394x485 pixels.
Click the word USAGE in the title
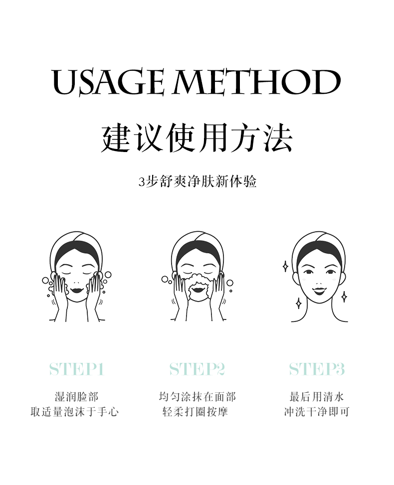[x=108, y=82]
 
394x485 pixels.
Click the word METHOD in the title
[x=256, y=82]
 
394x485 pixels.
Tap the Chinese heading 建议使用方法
[x=197, y=138]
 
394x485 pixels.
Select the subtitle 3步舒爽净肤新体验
[x=197, y=181]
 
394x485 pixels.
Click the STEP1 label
[x=76, y=369]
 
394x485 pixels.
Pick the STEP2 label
[x=197, y=369]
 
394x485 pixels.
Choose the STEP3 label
[x=317, y=369]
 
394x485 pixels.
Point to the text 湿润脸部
[x=76, y=397]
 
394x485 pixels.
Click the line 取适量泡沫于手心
[x=75, y=412]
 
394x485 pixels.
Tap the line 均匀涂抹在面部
[x=197, y=397]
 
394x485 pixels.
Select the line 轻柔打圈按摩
[x=196, y=412]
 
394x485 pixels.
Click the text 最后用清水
[x=317, y=397]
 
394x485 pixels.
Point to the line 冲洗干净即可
[x=317, y=412]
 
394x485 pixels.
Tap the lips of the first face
[x=76, y=290]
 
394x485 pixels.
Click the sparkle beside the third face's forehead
[x=285, y=266]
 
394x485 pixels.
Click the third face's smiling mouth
[x=319, y=291]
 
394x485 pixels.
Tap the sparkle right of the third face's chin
[x=344, y=297]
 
